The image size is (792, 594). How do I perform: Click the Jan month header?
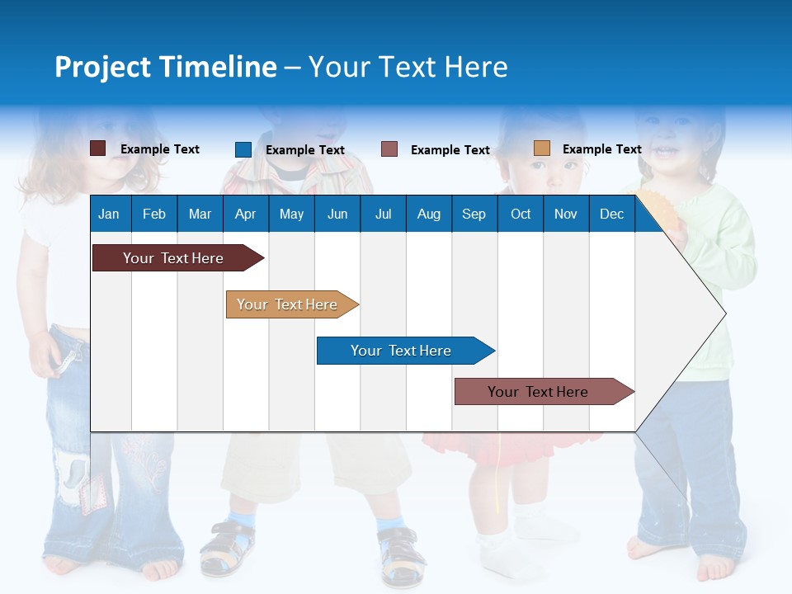click(109, 214)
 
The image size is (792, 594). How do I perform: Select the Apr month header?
click(245, 214)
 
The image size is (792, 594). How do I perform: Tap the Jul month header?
click(383, 214)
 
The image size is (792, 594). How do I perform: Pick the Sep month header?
click(474, 214)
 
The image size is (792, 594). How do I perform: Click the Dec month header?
click(611, 214)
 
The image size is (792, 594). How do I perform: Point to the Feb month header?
click(154, 214)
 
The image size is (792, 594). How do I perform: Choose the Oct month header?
click(521, 214)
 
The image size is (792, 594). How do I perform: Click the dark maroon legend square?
click(98, 148)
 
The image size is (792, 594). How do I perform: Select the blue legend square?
click(243, 149)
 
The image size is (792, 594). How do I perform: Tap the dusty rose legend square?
click(389, 149)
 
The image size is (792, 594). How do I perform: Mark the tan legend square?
click(541, 148)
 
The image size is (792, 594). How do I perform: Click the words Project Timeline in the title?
click(166, 67)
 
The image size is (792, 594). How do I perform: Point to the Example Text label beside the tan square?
click(601, 149)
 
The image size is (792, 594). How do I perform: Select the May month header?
click(291, 214)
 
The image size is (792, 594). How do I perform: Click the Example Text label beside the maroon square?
click(160, 149)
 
